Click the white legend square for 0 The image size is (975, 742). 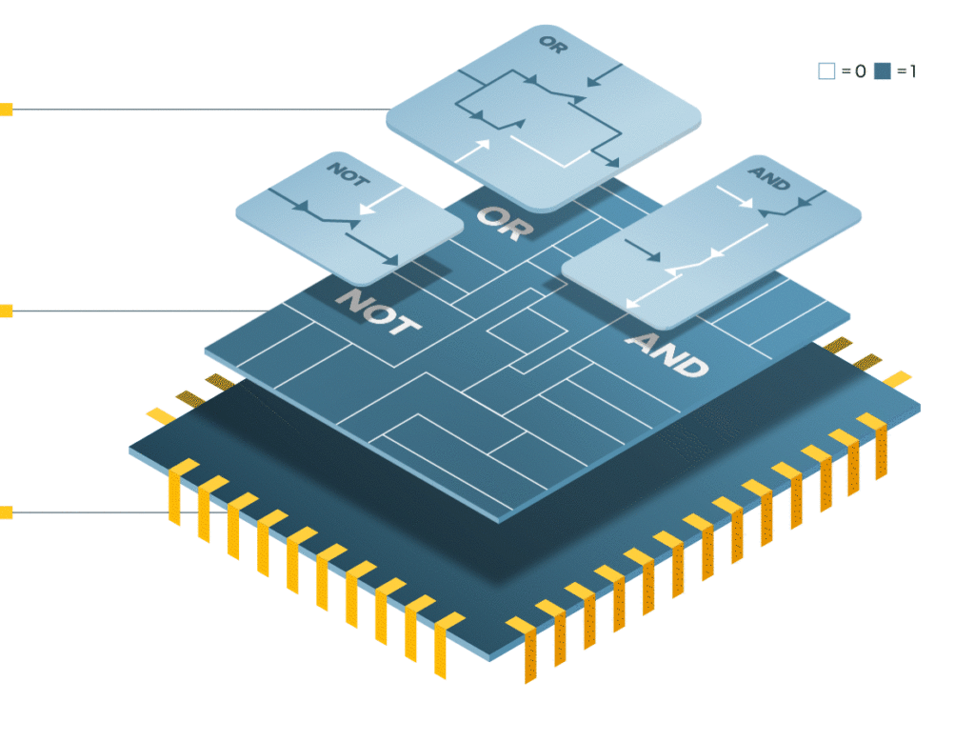point(826,70)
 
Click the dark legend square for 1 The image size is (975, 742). point(882,70)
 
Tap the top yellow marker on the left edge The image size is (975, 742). point(6,110)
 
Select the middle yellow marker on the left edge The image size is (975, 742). point(6,311)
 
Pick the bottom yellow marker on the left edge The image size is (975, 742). point(6,512)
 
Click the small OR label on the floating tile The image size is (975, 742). point(552,45)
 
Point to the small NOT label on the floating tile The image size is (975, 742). point(346,174)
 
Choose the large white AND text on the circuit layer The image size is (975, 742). point(667,354)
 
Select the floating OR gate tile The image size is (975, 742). point(543,114)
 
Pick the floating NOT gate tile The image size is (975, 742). point(348,219)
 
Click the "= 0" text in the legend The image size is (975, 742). point(853,71)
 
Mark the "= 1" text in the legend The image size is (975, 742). point(905,71)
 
